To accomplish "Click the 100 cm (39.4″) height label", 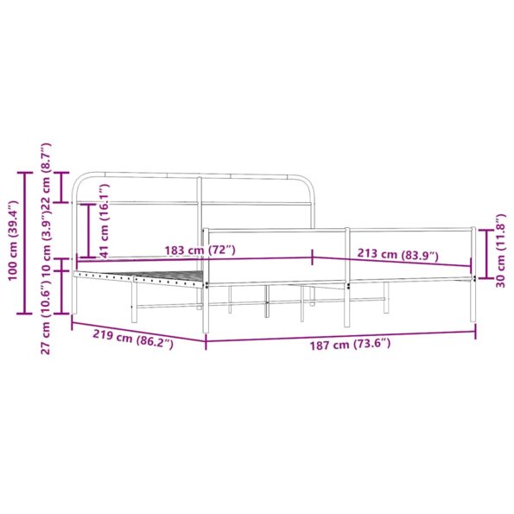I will pos(13,231).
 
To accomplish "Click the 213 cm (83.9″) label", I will pos(397,255).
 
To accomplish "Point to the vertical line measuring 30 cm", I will pos(487,254).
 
